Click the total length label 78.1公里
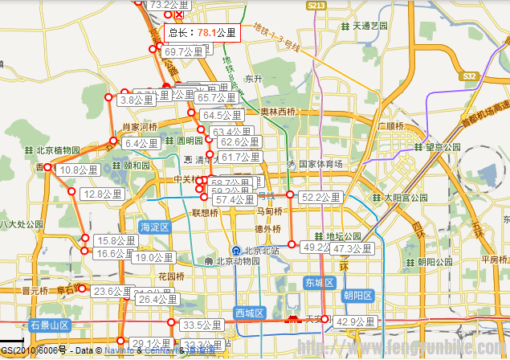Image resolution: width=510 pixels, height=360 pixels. tap(202, 33)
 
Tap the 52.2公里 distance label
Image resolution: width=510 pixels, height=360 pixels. tap(320, 197)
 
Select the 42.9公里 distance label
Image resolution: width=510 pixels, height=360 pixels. tap(355, 321)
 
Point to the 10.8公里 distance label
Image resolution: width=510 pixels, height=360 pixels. tap(80, 170)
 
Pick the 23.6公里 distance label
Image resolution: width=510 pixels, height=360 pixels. tap(112, 291)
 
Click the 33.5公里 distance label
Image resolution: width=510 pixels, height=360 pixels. tap(201, 325)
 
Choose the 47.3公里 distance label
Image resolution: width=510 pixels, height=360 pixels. tap(351, 249)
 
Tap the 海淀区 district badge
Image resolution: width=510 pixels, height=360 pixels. tap(154, 227)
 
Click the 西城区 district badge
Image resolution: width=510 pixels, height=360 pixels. tap(249, 313)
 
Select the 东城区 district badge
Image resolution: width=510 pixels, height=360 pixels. tap(318, 283)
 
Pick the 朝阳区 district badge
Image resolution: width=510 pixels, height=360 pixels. tap(357, 296)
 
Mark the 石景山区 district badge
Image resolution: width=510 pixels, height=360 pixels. tap(50, 325)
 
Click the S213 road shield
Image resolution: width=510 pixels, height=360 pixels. tap(316, 6)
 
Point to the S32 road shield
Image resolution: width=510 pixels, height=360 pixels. tap(470, 76)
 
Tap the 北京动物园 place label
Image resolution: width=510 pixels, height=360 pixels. tap(233, 261)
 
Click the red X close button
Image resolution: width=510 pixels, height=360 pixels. tap(179, 14)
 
